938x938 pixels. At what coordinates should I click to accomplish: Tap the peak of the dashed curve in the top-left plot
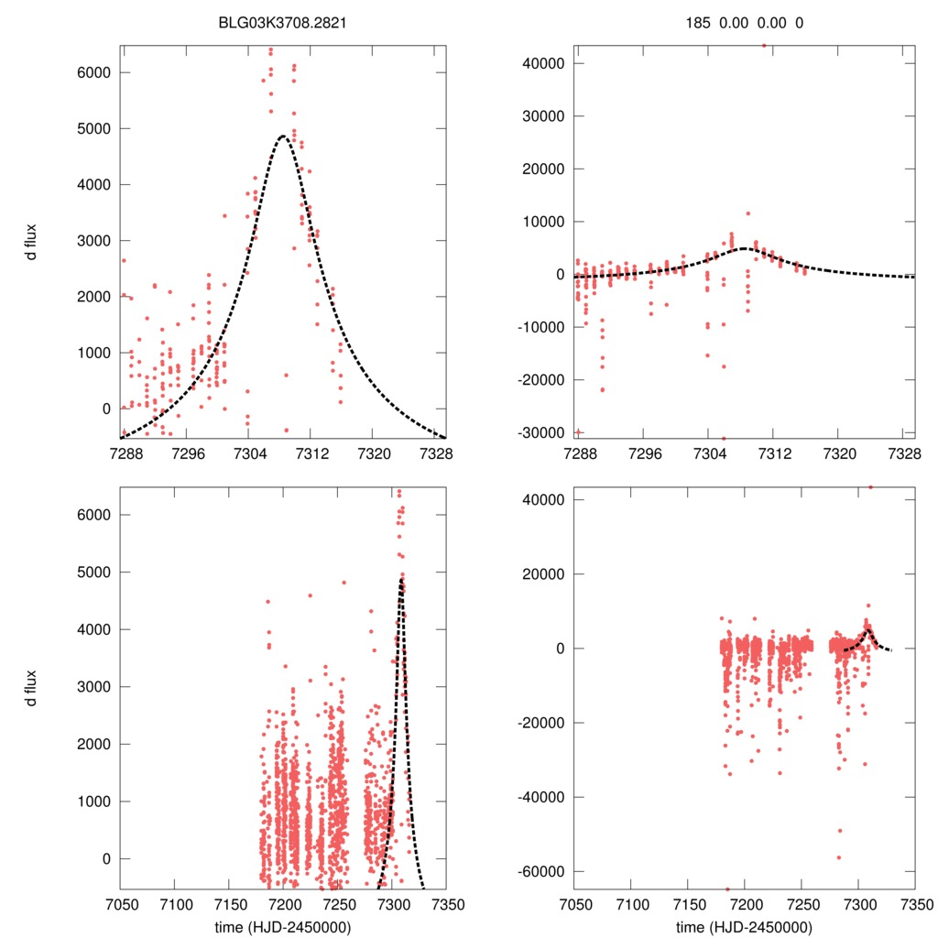[x=283, y=136]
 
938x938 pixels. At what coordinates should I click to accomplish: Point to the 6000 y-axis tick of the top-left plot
[x=95, y=72]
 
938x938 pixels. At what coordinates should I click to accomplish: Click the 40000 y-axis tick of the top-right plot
[x=542, y=63]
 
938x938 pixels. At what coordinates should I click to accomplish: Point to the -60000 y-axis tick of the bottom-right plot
[x=540, y=870]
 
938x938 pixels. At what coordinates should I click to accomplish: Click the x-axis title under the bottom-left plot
[x=283, y=926]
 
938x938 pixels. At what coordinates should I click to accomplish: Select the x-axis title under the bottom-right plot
[x=744, y=926]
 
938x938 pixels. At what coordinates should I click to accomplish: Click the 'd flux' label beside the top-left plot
[x=31, y=242]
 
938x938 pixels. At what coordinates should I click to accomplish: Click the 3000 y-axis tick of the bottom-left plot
[x=95, y=687]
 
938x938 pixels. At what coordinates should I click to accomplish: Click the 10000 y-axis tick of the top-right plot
[x=542, y=222]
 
